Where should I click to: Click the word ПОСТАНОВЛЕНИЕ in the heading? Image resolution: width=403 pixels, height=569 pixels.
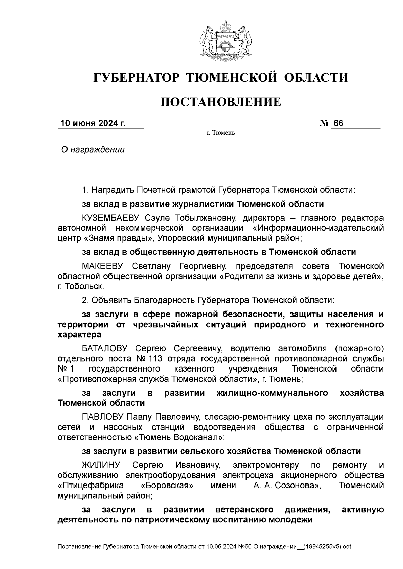tap(221, 102)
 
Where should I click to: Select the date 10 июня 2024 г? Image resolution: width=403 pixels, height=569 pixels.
tap(93, 123)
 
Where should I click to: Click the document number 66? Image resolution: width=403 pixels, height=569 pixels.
tap(338, 123)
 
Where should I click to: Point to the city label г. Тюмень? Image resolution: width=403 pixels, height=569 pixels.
tap(221, 133)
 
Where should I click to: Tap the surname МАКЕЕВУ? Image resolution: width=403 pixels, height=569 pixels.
tap(102, 266)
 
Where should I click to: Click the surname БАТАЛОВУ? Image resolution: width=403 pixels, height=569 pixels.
tap(105, 349)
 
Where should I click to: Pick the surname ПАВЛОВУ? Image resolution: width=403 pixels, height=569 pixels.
tap(102, 417)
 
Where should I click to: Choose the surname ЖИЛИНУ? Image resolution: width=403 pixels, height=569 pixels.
tap(101, 465)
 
